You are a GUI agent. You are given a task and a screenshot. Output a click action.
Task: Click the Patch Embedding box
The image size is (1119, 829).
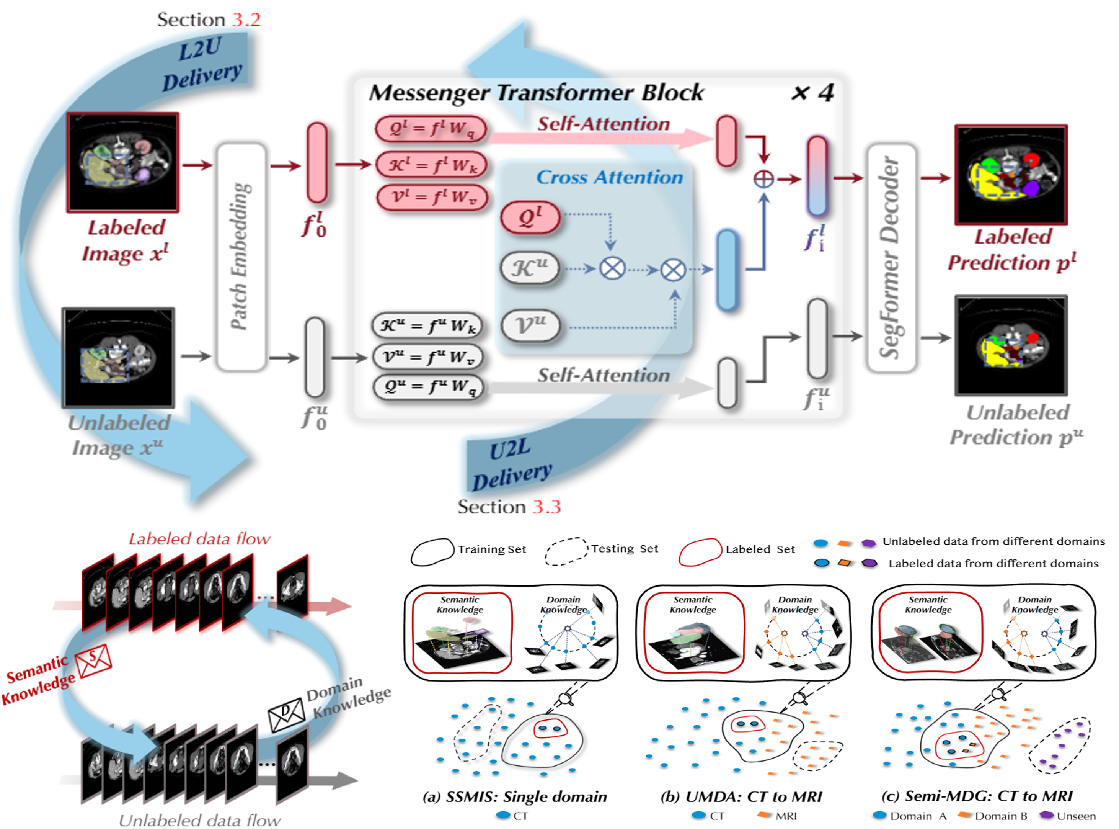[x=241, y=257]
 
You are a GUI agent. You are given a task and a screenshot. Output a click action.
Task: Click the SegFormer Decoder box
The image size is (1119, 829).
[x=891, y=257]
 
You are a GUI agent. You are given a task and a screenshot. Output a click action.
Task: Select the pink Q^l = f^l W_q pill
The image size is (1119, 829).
[x=431, y=128]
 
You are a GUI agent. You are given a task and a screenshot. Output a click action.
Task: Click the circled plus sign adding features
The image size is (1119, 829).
[x=763, y=179]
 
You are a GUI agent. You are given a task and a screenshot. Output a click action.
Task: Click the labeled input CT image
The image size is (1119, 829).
[x=123, y=162]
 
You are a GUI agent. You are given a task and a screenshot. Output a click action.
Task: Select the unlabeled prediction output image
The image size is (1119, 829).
[x=1010, y=346]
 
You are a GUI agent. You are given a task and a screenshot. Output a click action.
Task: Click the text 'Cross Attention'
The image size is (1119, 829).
[x=609, y=177]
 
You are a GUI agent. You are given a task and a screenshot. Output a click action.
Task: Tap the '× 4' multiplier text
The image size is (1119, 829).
[x=812, y=93]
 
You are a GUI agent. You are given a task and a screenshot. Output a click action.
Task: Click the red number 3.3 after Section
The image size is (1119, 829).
[x=547, y=507]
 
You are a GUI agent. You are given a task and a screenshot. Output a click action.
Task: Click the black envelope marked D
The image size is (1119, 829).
[x=286, y=714]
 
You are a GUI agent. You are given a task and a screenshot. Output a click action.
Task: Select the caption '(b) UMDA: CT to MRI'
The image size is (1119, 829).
[x=742, y=796]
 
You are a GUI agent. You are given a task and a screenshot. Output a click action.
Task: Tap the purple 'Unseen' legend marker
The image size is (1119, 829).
[x=1046, y=816]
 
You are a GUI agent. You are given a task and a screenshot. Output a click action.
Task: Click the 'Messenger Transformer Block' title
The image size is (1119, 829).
[x=536, y=93]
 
